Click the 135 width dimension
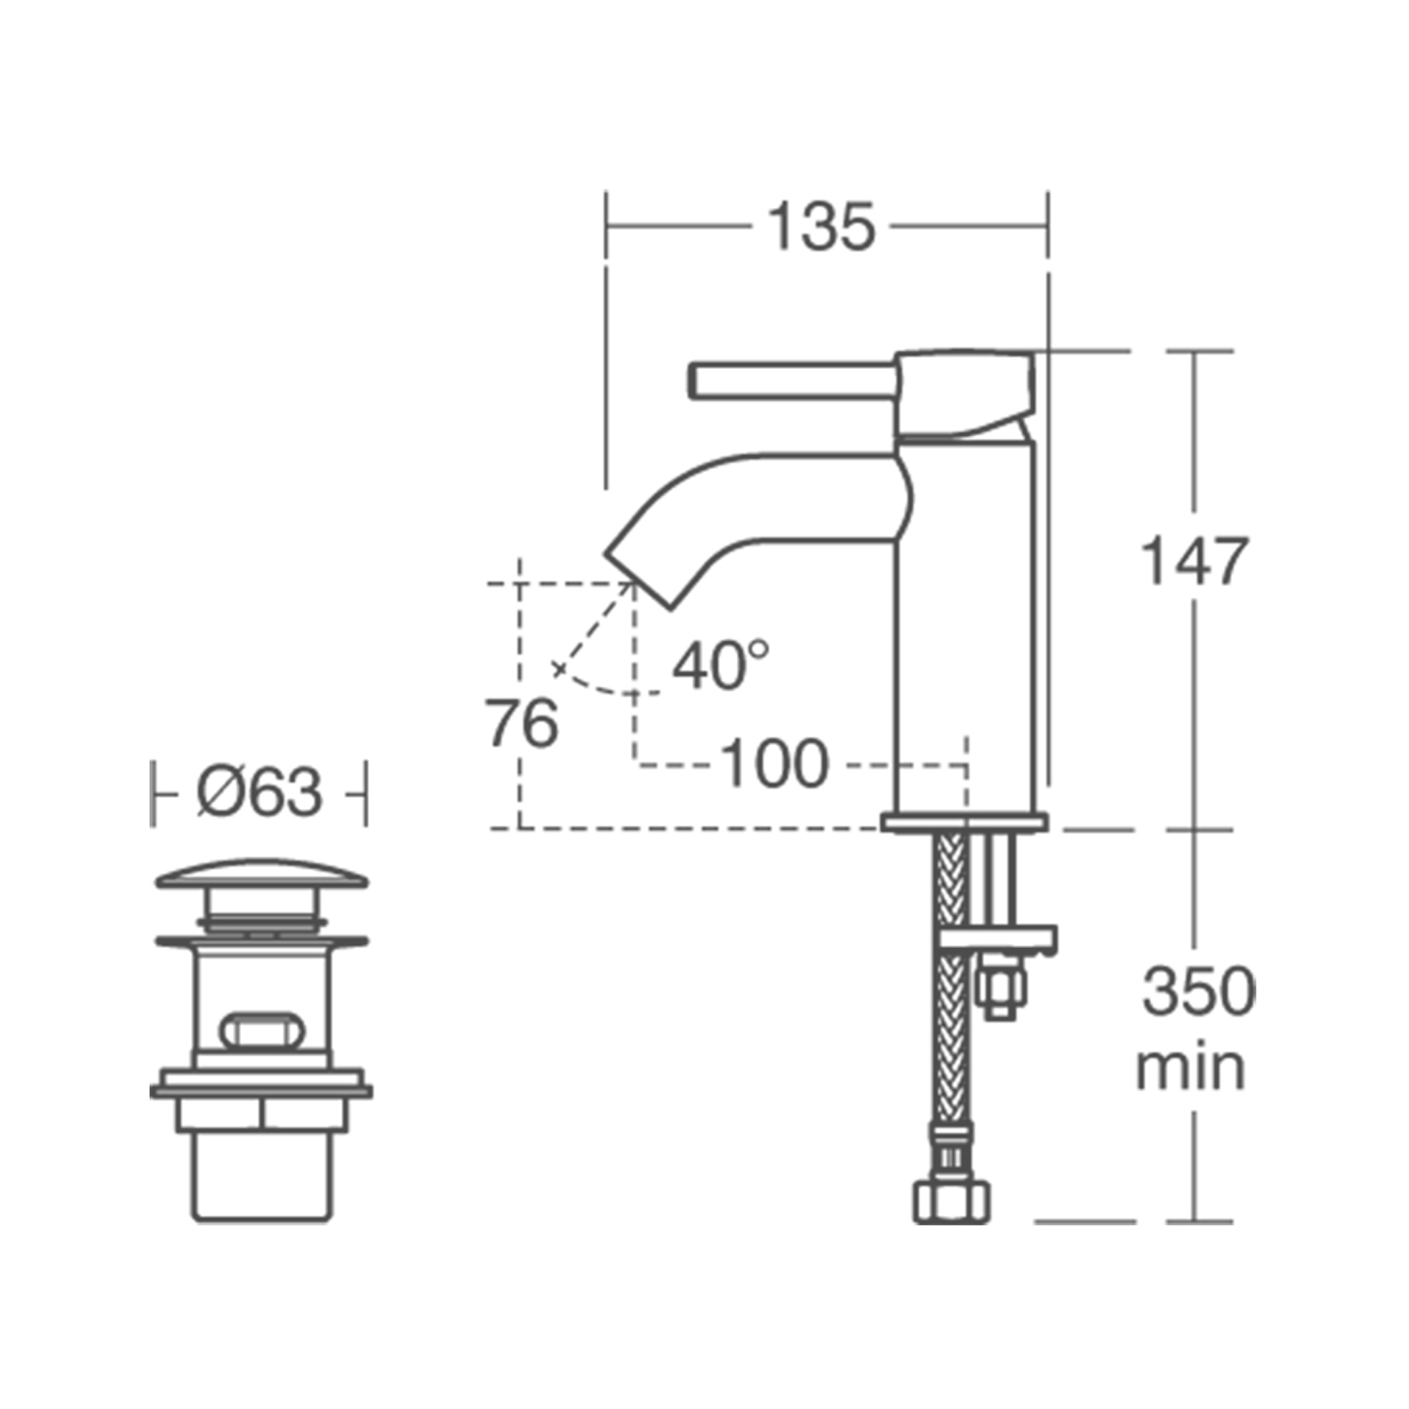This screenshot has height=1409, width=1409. (x=821, y=228)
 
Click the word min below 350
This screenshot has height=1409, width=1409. (x=1190, y=1069)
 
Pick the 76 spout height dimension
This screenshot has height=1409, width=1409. (x=521, y=723)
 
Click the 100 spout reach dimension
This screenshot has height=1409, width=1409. (x=774, y=764)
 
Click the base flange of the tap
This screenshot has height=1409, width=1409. (x=964, y=824)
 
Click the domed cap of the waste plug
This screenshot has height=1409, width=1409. (x=261, y=874)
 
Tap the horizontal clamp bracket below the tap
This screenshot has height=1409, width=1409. (x=999, y=940)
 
